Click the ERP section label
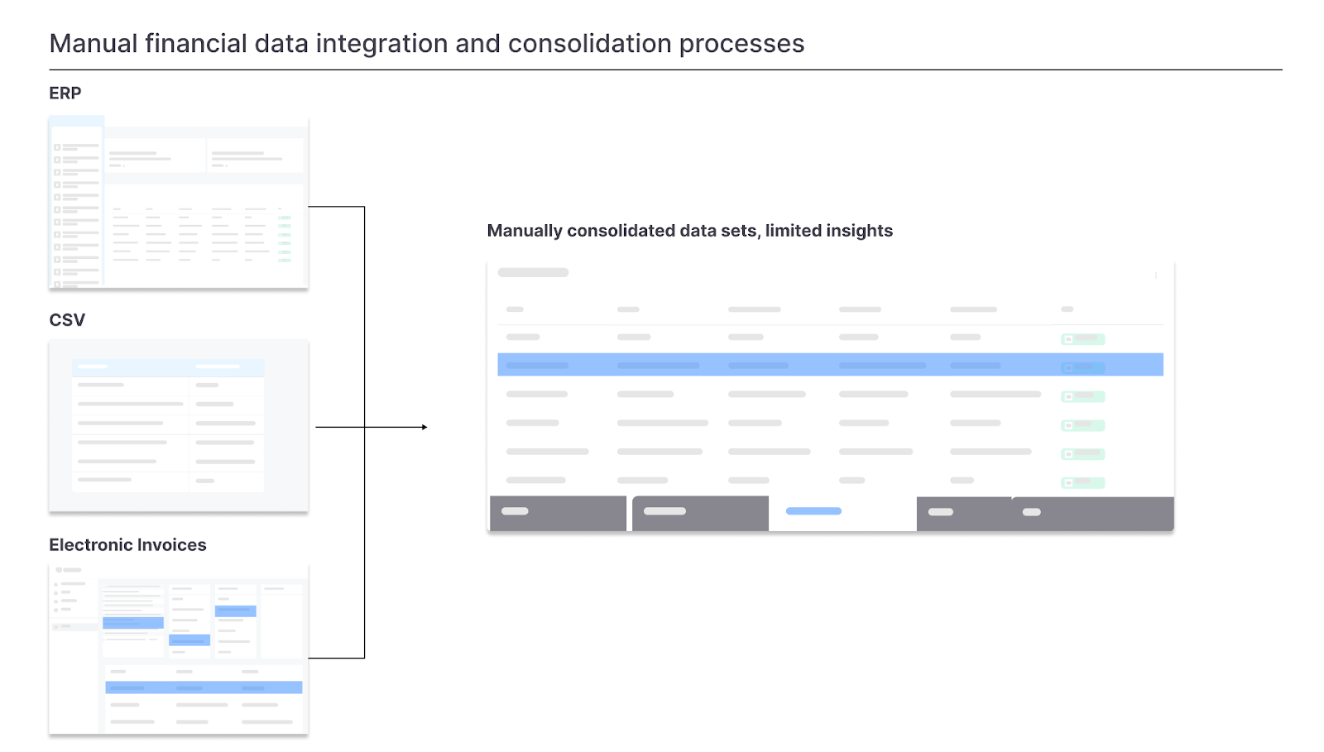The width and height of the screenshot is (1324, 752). pos(65,93)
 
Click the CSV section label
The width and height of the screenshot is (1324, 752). pos(67,320)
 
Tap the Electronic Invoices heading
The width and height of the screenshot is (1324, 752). pos(127,544)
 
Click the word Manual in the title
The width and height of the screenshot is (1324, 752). pos(94,44)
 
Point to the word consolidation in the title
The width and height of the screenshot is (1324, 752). pos(589,44)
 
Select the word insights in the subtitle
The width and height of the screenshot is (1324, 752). pos(859,231)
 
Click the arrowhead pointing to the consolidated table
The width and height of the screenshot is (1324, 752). pos(425,427)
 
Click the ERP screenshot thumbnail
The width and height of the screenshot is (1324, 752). pos(179,202)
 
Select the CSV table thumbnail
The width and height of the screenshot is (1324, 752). pos(179,426)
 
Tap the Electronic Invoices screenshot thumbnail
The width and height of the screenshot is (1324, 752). pos(179,649)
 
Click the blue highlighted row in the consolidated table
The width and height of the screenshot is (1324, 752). pos(831,365)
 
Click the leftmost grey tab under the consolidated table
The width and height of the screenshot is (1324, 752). pos(558,513)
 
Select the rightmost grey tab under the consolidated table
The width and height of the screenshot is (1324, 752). pos(1093,514)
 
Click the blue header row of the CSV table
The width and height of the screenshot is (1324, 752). pos(169,366)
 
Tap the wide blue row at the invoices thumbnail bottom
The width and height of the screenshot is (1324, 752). pos(204,687)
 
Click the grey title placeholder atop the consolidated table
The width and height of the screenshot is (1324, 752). pos(533,272)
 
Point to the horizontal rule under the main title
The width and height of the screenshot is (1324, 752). pos(665,69)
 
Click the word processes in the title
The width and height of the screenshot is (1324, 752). pos(741,45)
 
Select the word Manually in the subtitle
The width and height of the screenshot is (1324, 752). pos(525,231)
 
